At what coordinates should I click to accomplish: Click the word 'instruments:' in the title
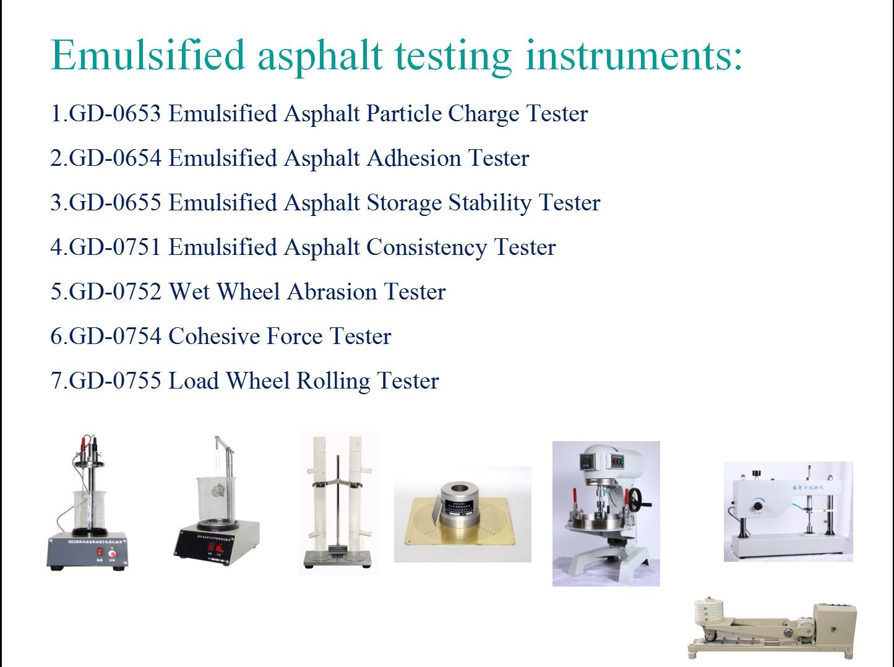tap(634, 56)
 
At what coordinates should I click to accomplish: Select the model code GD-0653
tap(115, 114)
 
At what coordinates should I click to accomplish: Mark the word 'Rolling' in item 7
tap(333, 381)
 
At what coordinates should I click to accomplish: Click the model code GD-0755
tap(115, 381)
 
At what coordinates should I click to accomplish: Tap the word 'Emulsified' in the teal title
tap(148, 56)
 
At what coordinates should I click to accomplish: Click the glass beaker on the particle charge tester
tap(89, 511)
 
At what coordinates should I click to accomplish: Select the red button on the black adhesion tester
tap(218, 548)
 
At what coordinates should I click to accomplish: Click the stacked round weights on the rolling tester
tap(709, 613)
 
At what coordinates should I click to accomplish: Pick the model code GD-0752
tap(115, 292)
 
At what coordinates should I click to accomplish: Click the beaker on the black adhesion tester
tap(213, 498)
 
